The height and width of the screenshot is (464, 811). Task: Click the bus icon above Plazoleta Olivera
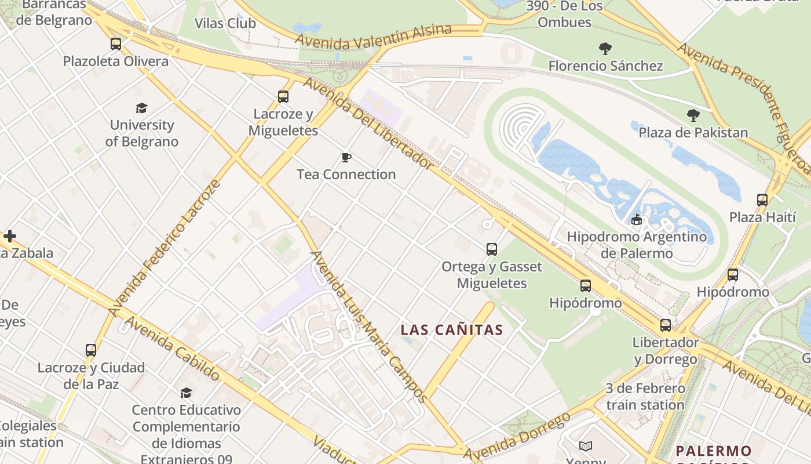pos(116,44)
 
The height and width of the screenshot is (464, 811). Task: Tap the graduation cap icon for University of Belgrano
pos(141,108)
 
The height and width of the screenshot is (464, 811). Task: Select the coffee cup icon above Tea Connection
pos(346,157)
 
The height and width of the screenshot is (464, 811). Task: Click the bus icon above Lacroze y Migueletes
pos(283,97)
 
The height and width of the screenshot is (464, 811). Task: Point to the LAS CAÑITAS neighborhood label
pos(452,330)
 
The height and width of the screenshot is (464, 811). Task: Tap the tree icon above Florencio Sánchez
pos(605,49)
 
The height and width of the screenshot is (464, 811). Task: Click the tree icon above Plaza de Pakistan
pos(693,115)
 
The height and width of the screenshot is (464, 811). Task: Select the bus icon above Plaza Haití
pos(762,200)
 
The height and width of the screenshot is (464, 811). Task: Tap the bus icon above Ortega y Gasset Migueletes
pos(492,249)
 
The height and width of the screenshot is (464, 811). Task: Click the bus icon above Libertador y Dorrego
pos(666,325)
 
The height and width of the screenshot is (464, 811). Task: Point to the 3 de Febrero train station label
pos(645,396)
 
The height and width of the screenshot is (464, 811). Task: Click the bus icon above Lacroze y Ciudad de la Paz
pos(91,350)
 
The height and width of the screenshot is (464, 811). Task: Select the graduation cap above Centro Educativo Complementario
pos(186,393)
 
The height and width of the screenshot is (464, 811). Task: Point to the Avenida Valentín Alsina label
pos(373,36)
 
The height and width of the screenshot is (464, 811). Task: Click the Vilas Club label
pos(225,23)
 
